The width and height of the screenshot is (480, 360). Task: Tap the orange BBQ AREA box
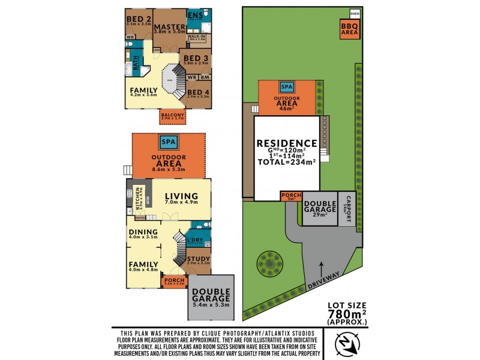348,31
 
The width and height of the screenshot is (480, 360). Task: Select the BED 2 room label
139,19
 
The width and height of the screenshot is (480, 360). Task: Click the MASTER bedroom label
169,27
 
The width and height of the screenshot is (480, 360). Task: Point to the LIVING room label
181,196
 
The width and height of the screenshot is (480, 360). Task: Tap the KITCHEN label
137,197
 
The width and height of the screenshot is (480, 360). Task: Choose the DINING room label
143,232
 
